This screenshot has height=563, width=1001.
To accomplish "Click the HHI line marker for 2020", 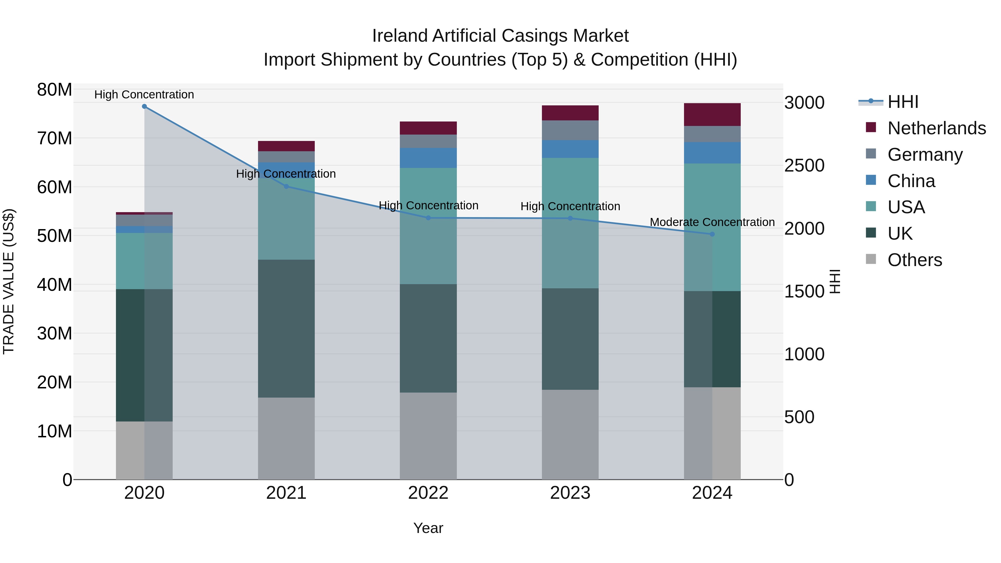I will coord(144,106).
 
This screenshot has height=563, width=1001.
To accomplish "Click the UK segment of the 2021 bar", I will coord(286,328).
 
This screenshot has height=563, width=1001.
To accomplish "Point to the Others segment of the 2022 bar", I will coord(428,436).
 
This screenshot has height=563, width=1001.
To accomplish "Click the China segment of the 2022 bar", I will coord(428,158).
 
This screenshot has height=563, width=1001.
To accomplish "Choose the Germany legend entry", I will coord(925,155).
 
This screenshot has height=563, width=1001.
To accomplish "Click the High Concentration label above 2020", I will coord(144,95).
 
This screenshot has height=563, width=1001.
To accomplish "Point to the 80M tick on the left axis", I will coord(54,90).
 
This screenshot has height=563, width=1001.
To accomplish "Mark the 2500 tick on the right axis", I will coord(804,165).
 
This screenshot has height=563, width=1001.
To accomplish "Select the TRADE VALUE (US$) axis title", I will coord(9,281).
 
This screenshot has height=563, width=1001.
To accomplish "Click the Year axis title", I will coord(428,528).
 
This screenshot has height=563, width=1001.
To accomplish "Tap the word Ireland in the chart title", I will coord(400,36).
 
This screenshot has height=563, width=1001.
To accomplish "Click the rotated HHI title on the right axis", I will coord(835,281).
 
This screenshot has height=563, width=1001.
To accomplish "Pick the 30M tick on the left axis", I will coord(54,333).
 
